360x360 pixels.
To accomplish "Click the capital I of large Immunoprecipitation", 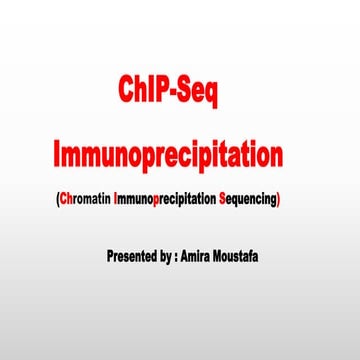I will [x=57, y=155].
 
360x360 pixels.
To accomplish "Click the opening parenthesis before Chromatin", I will [x=57, y=199].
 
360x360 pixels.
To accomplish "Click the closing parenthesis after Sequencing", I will [x=280, y=199].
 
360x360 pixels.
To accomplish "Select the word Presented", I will [x=134, y=255].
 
